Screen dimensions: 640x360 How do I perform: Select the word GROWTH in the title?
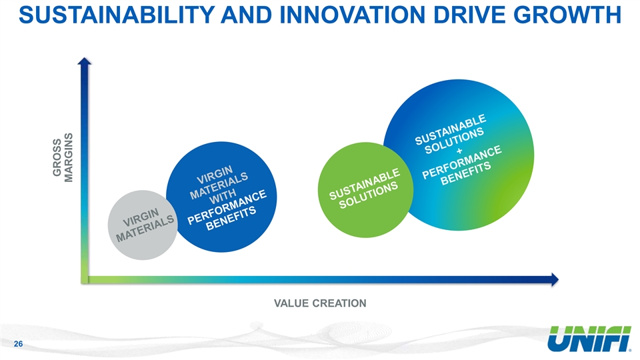point(567,15)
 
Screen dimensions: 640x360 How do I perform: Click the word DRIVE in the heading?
point(469,15)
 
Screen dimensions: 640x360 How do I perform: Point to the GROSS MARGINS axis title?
point(63,157)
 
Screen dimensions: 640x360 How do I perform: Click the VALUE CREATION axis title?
point(320,303)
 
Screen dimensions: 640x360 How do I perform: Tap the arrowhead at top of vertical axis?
point(85,61)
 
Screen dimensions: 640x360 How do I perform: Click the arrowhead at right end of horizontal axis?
point(555,279)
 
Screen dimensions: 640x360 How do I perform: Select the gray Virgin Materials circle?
point(143,225)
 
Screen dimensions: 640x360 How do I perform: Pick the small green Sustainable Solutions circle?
point(366,190)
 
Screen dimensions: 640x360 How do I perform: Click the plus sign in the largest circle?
point(460,151)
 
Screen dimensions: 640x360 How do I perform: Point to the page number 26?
point(19,344)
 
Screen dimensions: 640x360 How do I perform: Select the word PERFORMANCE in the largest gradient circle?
point(461,163)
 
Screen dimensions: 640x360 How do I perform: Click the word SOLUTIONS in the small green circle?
point(368,195)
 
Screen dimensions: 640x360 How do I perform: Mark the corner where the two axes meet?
point(85,279)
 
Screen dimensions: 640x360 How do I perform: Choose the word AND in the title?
point(246,15)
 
